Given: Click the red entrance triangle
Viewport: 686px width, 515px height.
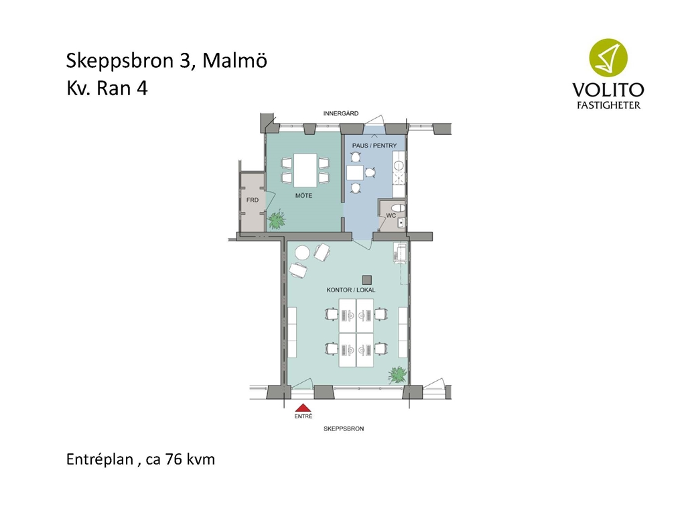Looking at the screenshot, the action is pyautogui.click(x=303, y=408).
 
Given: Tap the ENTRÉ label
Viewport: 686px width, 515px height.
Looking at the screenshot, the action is pyautogui.click(x=303, y=416).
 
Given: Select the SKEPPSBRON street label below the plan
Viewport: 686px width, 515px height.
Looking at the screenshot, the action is pyautogui.click(x=344, y=428).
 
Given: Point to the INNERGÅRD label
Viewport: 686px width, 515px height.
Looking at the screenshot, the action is pyautogui.click(x=341, y=113).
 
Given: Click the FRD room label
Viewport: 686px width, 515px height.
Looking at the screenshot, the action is pyautogui.click(x=253, y=200).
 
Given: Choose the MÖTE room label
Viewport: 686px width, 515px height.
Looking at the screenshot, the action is pyautogui.click(x=303, y=195).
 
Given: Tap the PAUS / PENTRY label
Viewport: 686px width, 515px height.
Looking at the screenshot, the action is pyautogui.click(x=374, y=146).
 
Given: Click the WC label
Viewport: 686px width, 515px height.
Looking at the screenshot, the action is pyautogui.click(x=391, y=215).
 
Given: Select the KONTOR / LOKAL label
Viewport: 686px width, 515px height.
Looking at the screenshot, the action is pyautogui.click(x=351, y=290).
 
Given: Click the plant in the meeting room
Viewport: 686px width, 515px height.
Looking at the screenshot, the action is pyautogui.click(x=277, y=219).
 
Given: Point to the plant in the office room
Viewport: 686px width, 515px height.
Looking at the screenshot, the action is pyautogui.click(x=397, y=375).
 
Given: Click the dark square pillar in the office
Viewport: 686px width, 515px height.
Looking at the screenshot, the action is pyautogui.click(x=366, y=280).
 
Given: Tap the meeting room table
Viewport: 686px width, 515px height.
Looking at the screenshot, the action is pyautogui.click(x=305, y=170).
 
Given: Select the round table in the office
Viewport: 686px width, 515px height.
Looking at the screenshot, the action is pyautogui.click(x=302, y=253).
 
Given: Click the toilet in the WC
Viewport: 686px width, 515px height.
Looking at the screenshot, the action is pyautogui.click(x=398, y=208).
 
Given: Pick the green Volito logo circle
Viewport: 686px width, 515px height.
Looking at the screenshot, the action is pyautogui.click(x=608, y=58).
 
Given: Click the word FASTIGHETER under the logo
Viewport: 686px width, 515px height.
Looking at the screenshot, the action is pyautogui.click(x=608, y=105).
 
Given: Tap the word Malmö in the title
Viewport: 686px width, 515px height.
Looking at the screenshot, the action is pyautogui.click(x=234, y=60).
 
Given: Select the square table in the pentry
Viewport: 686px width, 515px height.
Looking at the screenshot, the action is pyautogui.click(x=355, y=172).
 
